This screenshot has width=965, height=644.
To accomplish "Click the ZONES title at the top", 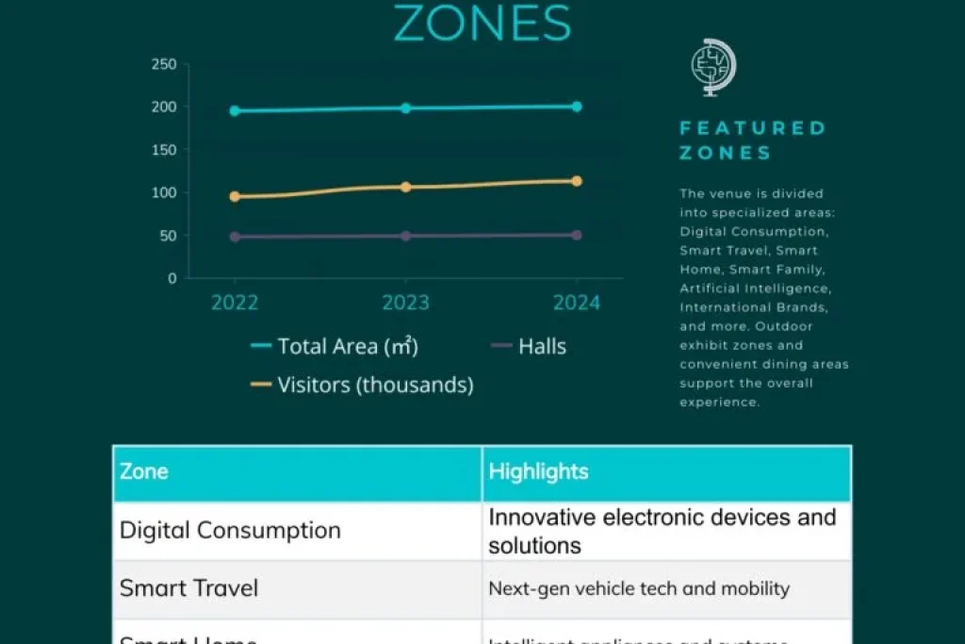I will coord(482,24).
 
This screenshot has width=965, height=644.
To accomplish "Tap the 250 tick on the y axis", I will coord(164,64).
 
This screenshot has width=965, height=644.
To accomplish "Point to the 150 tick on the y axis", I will coord(164,150).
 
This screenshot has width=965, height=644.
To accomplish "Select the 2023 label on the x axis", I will coord(405,303).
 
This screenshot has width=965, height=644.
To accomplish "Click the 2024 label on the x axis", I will coord(576,303).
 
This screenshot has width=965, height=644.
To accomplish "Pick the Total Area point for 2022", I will coord(235,110).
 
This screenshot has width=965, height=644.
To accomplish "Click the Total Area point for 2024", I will coord(577,107).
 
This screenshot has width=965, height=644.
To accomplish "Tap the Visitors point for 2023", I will coord(406,187).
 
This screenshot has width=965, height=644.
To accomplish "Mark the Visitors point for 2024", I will coord(577,181).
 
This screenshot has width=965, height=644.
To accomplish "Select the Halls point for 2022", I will coord(235,237).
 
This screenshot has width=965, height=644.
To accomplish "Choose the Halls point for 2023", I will coord(406,236).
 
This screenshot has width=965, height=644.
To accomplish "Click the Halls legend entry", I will coord(529,346).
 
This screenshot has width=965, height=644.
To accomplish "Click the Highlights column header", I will coord(538,472).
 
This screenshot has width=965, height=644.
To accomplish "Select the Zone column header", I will coord(144,472).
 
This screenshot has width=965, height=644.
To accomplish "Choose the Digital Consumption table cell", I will coord(230,530).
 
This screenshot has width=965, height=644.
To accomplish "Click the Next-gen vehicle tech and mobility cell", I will coord(638,589).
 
